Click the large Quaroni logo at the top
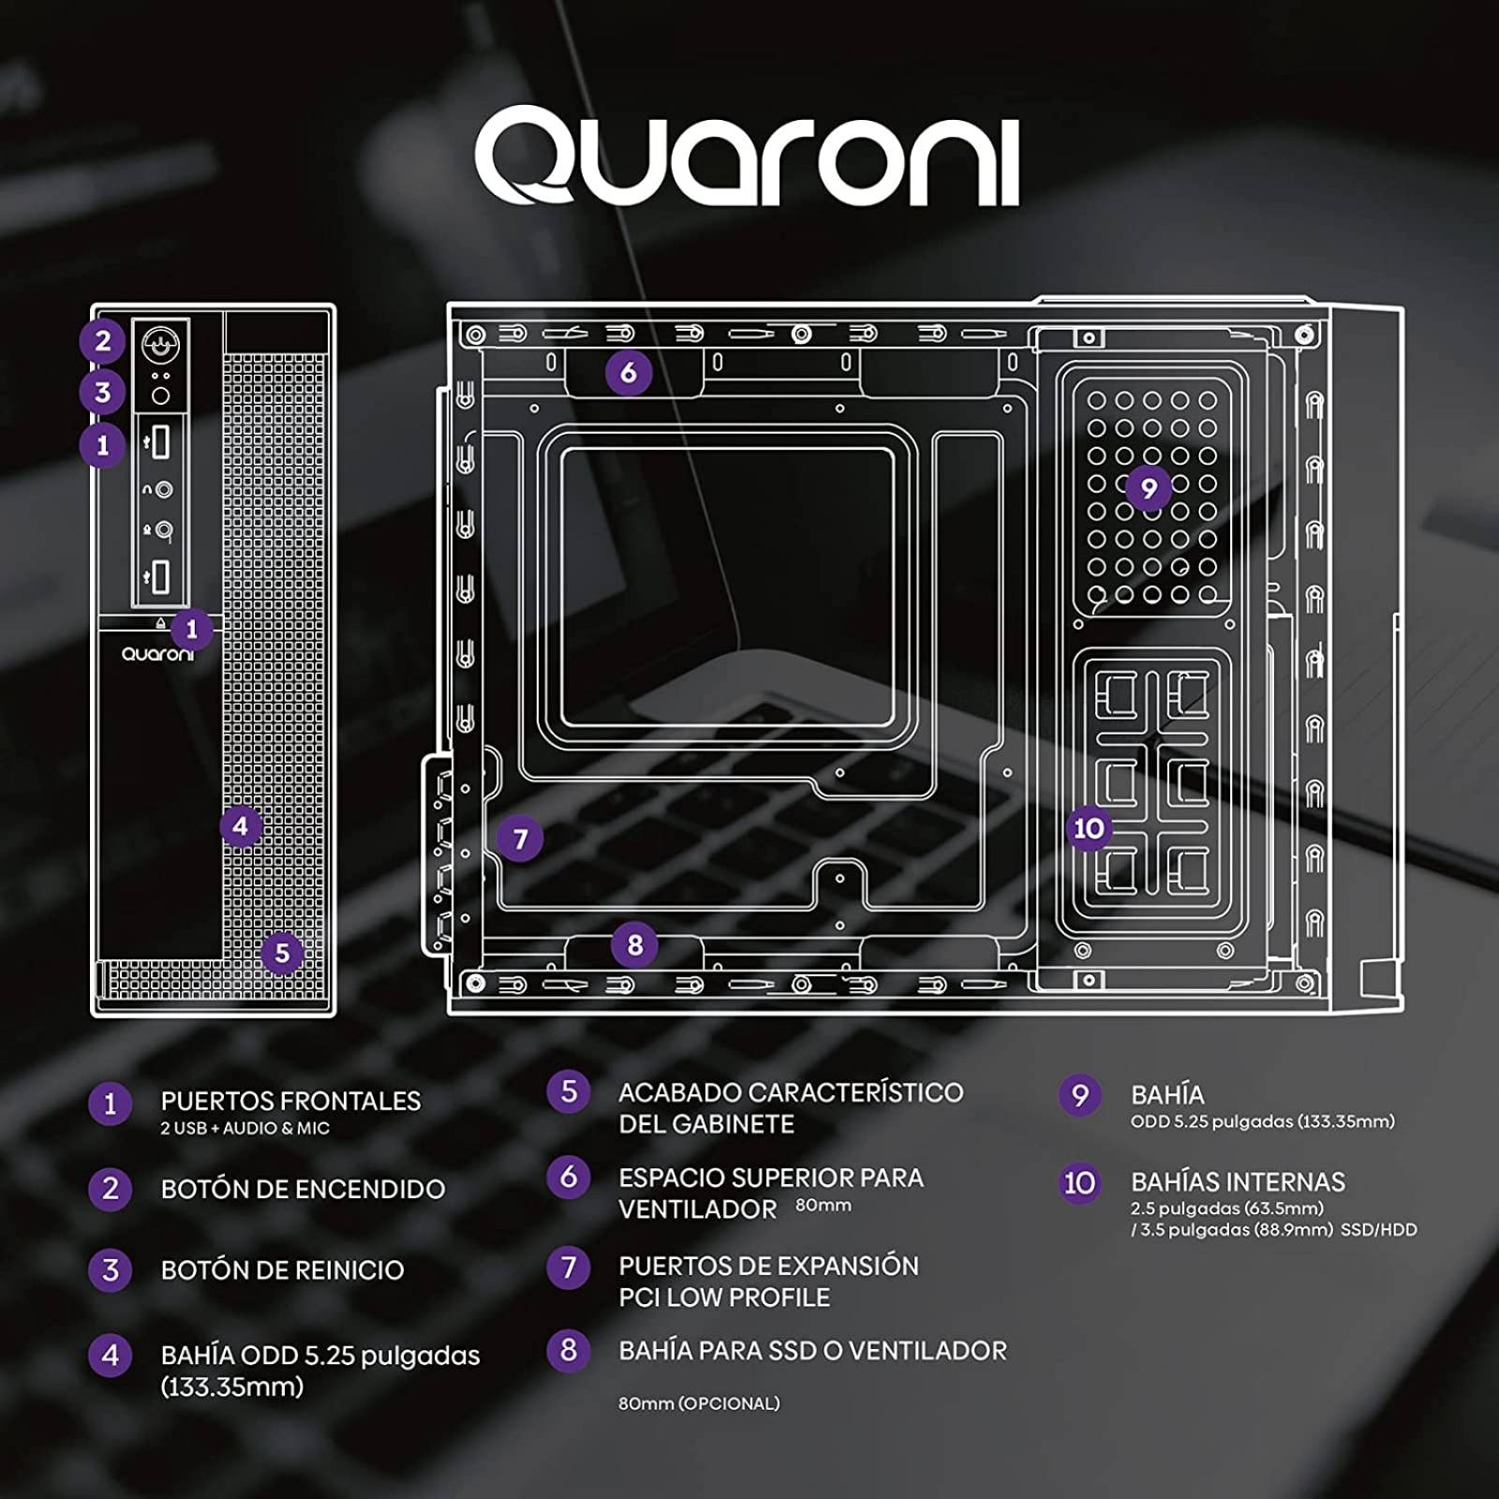[x=747, y=157]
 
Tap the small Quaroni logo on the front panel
[x=157, y=654]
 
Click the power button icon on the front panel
[x=160, y=346]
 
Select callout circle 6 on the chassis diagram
[x=629, y=373]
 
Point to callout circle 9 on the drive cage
[x=1149, y=487]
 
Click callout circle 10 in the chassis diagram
[x=1089, y=828]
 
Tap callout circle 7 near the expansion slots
[x=521, y=839]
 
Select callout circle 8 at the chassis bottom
[x=635, y=944]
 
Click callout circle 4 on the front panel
[x=241, y=826]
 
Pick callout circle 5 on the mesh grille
[x=282, y=954]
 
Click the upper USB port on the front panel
[x=160, y=441]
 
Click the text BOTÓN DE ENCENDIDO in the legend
[x=303, y=1189]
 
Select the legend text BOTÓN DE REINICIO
[x=282, y=1270]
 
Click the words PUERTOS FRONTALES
[x=290, y=1101]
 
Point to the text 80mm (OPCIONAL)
[x=699, y=1403]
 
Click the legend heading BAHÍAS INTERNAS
[x=1238, y=1182]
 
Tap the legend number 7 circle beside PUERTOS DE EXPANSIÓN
[x=569, y=1268]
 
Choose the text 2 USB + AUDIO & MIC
[x=245, y=1128]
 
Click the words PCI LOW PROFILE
[x=724, y=1298]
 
